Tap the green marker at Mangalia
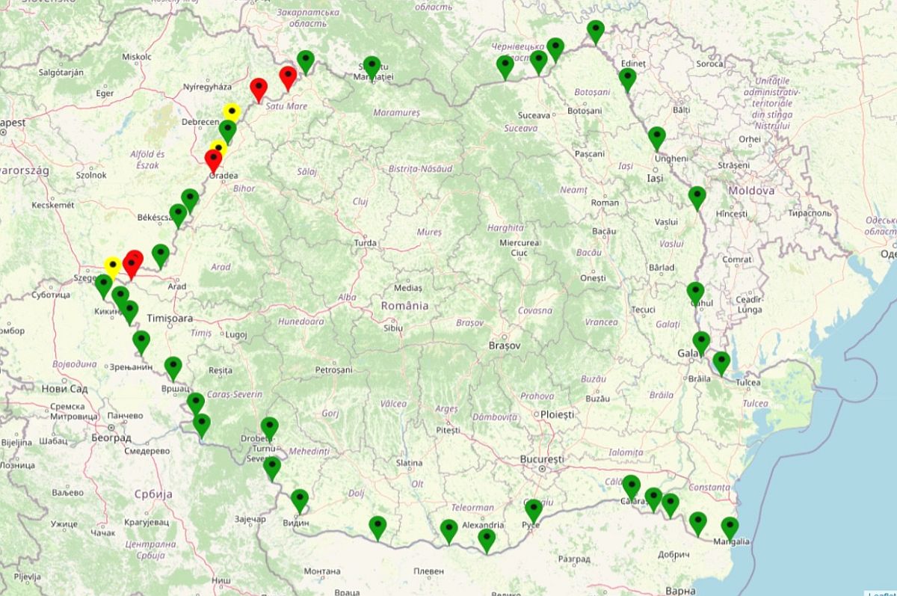pyautogui.click(x=729, y=527)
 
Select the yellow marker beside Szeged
pyautogui.click(x=113, y=265)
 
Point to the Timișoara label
pyautogui.click(x=170, y=318)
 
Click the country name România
pyautogui.click(x=404, y=305)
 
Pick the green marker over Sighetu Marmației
pyautogui.click(x=372, y=66)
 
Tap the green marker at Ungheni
pyautogui.click(x=656, y=137)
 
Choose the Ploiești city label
pyautogui.click(x=557, y=414)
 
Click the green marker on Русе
pyautogui.click(x=533, y=509)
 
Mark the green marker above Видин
pyautogui.click(x=299, y=499)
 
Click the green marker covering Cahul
pyautogui.click(x=695, y=292)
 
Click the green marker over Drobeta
pyautogui.click(x=269, y=427)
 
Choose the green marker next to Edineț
pyautogui.click(x=628, y=78)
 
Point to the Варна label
pyautogui.click(x=680, y=591)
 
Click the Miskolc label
pyautogui.click(x=137, y=56)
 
